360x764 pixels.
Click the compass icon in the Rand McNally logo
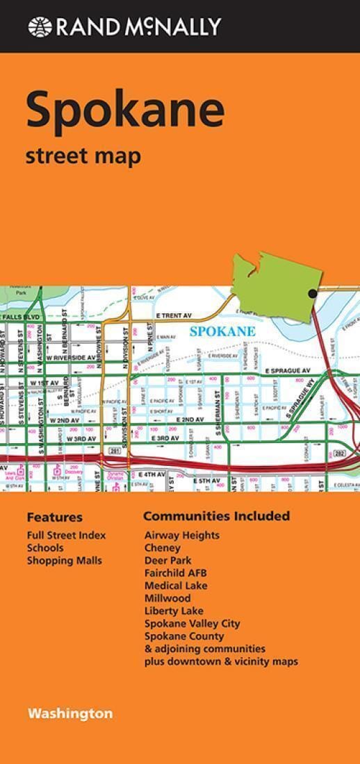coord(40,26)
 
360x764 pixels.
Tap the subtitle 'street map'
coord(83,156)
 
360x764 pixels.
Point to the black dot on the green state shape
coord(313,294)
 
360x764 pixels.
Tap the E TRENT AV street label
coord(178,315)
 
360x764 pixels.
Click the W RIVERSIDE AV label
coord(72,357)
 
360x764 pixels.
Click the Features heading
coord(54,517)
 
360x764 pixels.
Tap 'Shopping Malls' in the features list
coord(65,560)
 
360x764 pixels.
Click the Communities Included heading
coord(216,516)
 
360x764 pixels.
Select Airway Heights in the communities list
coord(181,535)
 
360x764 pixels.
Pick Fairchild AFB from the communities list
coord(175,573)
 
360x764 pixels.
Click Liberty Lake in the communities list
coord(174,611)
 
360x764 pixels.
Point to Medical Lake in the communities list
coord(176,586)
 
